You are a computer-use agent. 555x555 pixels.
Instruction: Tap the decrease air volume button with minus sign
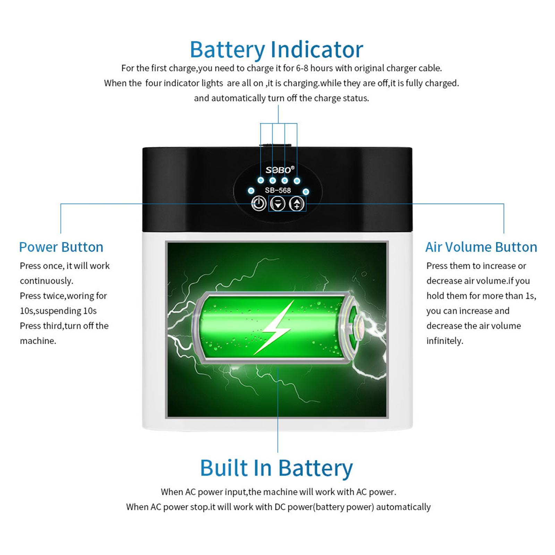point(277,204)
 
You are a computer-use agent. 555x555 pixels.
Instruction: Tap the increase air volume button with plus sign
point(297,204)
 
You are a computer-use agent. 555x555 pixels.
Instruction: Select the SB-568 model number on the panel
point(278,190)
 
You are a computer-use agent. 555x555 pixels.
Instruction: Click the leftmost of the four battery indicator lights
point(261,180)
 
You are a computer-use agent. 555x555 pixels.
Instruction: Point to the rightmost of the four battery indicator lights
point(297,180)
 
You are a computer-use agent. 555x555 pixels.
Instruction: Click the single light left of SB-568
point(251,191)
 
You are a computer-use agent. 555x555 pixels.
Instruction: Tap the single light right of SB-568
point(306,191)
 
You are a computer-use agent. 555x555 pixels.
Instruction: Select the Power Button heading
point(61,247)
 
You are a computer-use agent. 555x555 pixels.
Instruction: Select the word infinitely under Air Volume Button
point(445,341)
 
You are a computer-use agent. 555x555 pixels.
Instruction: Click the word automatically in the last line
point(403,507)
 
